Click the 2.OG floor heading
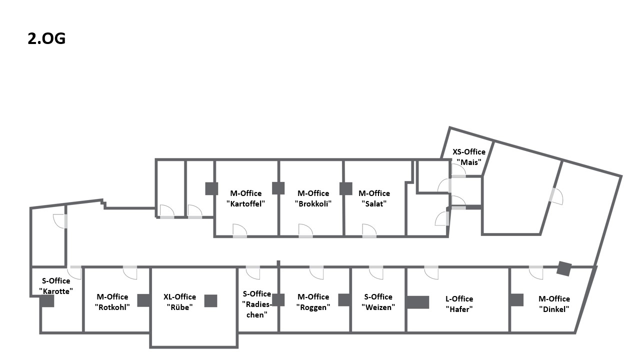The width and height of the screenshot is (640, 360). [x=46, y=38]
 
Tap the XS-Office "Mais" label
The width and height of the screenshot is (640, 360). [x=469, y=157]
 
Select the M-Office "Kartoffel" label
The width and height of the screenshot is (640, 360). [x=245, y=198]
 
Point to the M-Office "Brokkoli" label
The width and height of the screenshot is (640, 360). [x=313, y=198]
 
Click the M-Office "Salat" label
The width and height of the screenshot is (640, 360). [x=374, y=198]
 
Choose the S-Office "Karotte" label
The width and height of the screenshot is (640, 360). [x=56, y=286]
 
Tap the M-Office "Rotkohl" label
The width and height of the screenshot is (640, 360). [x=112, y=302]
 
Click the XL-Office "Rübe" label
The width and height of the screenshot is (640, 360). [x=179, y=302]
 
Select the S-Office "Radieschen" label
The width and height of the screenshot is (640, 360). [x=257, y=304]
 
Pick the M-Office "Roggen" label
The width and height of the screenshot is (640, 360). [x=313, y=302]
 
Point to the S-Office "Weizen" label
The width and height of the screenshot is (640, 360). [x=378, y=302]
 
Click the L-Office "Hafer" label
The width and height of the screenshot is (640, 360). [x=459, y=304]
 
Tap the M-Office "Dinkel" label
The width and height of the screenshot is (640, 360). [x=554, y=304]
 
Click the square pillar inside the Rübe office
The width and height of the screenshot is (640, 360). [x=210, y=301]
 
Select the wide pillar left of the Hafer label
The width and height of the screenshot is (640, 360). [x=417, y=302]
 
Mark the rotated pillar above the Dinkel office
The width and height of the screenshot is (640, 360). [x=564, y=268]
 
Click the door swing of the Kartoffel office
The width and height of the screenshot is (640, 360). [x=239, y=231]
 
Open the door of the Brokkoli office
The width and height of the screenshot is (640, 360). [x=305, y=231]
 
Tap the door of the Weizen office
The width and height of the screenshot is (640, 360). [x=376, y=272]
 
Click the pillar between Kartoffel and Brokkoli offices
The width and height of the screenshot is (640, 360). [x=278, y=188]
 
